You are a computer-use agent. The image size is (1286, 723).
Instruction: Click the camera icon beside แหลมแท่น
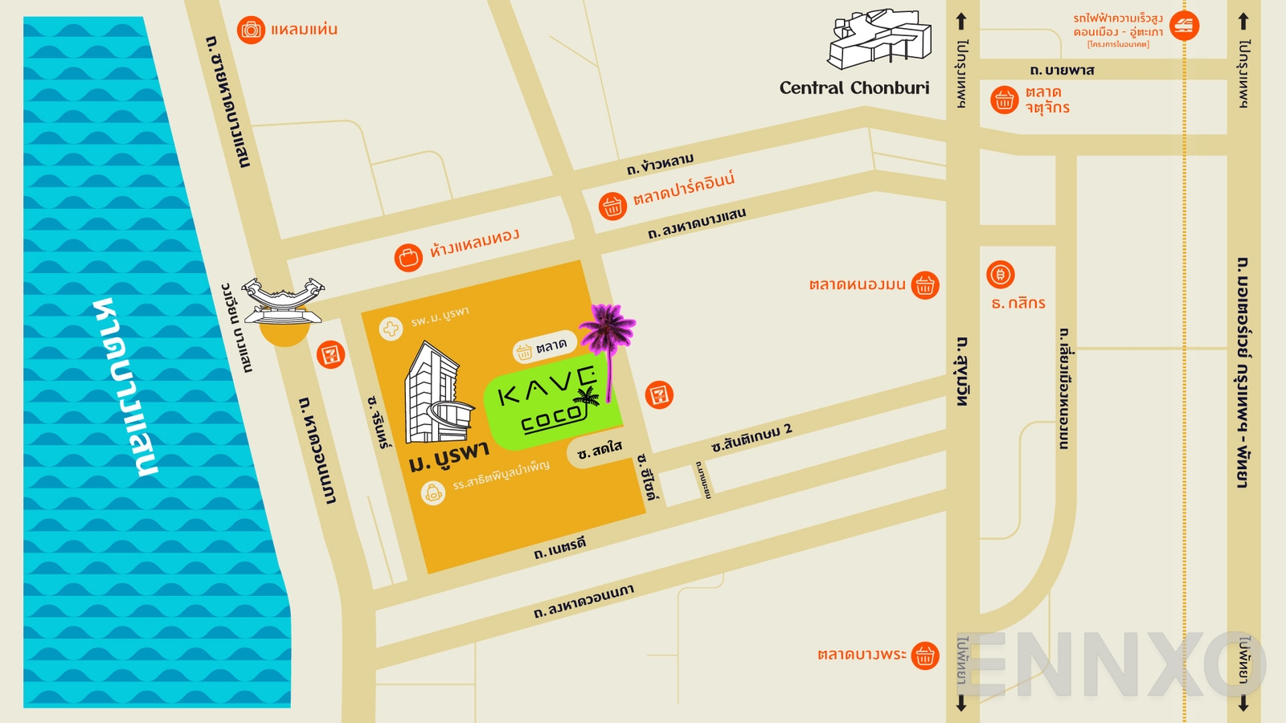251,31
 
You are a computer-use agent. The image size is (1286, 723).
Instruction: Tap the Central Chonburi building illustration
880,40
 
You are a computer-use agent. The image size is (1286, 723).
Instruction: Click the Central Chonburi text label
854,88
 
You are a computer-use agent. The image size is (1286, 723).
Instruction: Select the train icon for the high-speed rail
1184,26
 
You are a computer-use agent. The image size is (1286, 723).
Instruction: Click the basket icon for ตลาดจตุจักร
1004,100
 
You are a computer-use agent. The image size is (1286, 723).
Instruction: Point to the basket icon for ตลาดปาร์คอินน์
612,206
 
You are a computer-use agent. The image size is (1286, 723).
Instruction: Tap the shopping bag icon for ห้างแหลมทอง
408,258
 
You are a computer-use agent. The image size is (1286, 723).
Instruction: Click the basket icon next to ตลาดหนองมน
925,284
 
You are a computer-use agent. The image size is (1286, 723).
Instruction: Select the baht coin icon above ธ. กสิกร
1001,275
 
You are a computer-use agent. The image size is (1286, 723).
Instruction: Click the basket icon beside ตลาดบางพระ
925,656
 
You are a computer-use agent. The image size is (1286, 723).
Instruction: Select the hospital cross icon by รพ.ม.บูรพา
391,329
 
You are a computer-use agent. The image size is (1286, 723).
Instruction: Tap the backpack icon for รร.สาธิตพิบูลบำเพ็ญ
433,492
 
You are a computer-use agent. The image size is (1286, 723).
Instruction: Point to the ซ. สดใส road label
599,451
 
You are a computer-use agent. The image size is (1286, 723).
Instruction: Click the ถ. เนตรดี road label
560,549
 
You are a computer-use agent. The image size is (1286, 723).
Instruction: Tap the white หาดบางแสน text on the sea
126,386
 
